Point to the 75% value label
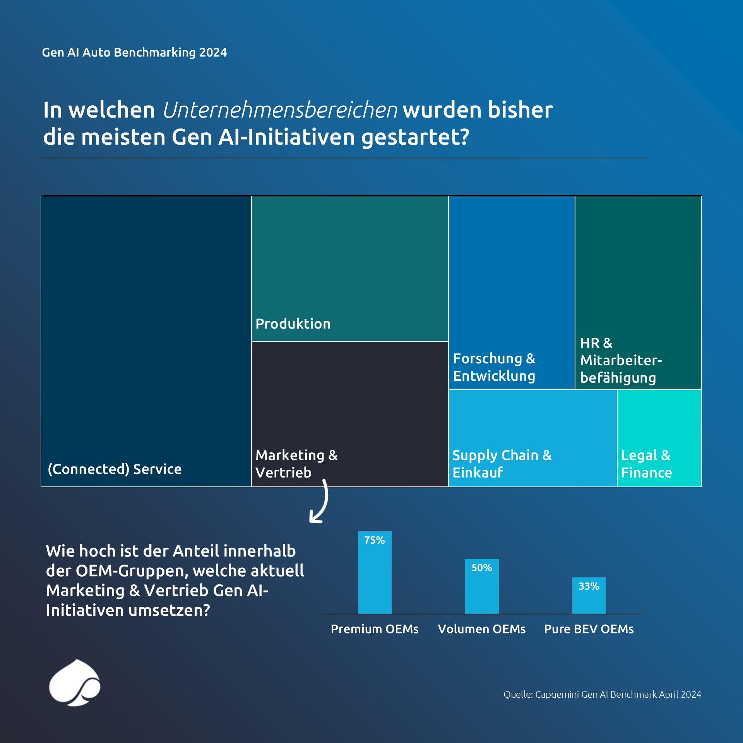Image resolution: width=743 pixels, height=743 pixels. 375,540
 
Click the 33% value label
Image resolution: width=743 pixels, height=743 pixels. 589,586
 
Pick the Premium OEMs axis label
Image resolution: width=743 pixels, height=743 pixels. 375,629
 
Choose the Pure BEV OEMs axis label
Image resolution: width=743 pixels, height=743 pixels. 589,629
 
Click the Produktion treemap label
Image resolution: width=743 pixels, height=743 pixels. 293,324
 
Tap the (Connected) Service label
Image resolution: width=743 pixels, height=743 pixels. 115,469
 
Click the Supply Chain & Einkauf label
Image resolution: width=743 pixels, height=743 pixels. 502,464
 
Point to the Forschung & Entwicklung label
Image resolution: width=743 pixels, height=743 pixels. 494,367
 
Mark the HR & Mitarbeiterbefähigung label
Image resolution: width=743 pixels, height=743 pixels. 620,360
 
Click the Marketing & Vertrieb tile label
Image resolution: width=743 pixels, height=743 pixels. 296,464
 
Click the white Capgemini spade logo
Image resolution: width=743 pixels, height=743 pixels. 75,683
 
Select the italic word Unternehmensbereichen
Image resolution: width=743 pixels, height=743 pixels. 280,110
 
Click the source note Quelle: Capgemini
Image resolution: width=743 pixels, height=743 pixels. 602,695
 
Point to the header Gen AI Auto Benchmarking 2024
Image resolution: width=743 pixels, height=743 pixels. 134,52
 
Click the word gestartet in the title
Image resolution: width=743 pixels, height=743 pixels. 415,137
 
